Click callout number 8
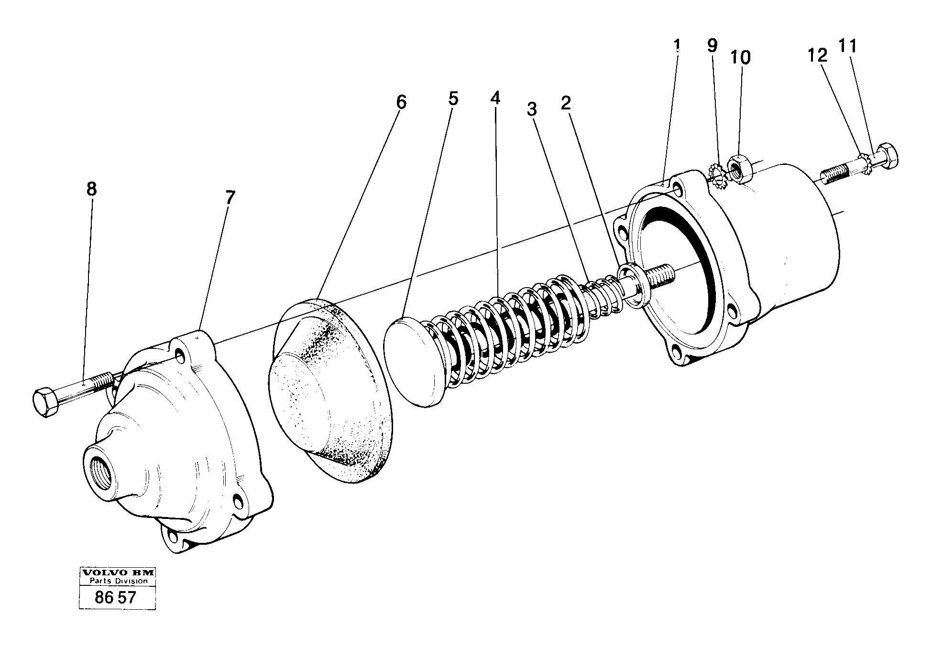tap(91, 189)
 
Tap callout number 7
tap(230, 197)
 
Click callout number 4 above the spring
tap(495, 98)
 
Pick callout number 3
tap(532, 109)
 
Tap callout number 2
tap(566, 102)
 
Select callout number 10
tap(741, 57)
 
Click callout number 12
tap(817, 55)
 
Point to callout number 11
tap(847, 46)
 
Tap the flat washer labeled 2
tap(634, 286)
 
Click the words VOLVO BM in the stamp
tap(118, 572)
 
